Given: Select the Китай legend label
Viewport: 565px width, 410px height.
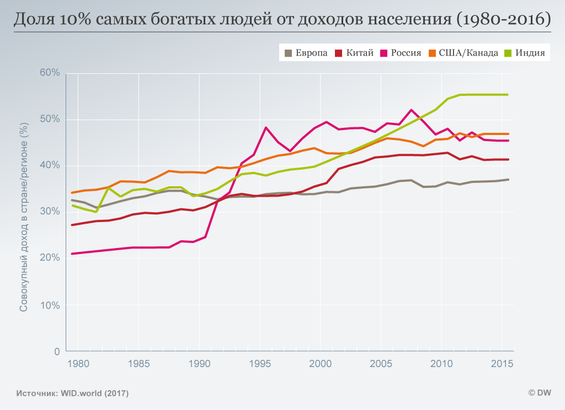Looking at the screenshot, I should point(355,53).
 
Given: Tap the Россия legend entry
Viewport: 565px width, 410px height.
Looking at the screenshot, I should point(401,53).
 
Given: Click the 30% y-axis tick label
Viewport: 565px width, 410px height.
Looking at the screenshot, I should point(49,212).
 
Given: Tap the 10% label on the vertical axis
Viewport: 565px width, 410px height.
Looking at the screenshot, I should point(49,305).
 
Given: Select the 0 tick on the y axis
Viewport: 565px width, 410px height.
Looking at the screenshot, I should point(57,351).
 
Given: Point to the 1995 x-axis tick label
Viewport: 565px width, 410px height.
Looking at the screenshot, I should point(259,364).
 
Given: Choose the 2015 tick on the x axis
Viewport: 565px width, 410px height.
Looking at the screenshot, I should point(502,364).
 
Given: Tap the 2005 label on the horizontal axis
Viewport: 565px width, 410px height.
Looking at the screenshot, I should point(380,364).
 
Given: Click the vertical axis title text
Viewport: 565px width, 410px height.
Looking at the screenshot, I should point(24,212).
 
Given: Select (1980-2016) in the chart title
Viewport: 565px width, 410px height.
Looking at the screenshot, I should point(503,20).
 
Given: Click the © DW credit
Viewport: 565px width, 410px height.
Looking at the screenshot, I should point(540,393).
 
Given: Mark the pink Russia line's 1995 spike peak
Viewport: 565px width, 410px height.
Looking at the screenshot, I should point(266,127).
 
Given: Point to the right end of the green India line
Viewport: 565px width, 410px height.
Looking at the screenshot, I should point(507,94).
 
